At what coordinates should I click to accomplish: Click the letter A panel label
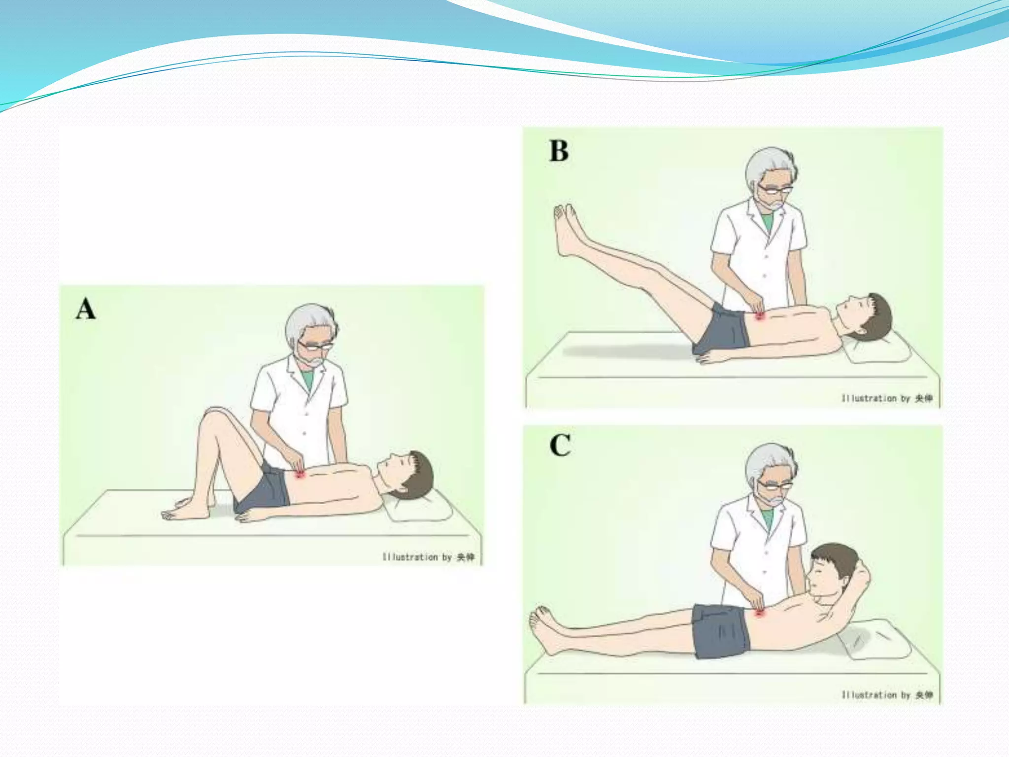tap(86, 310)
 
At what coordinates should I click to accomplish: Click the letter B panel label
tap(559, 151)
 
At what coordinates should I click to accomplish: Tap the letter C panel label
tap(560, 446)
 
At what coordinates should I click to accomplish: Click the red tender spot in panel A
tap(300, 474)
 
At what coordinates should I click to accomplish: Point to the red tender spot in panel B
tap(759, 316)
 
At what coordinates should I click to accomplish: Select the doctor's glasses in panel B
tap(775, 189)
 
